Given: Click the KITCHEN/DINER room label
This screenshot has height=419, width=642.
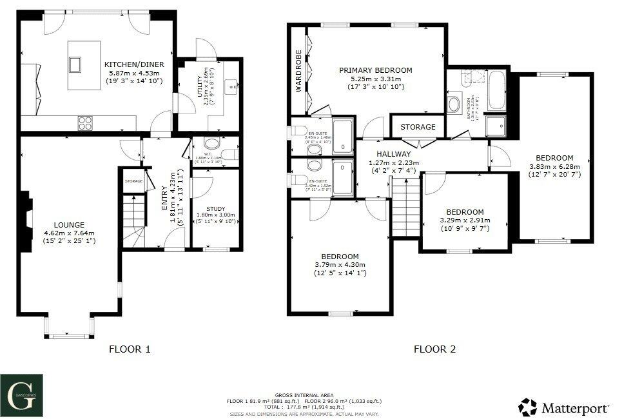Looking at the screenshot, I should pos(134,64).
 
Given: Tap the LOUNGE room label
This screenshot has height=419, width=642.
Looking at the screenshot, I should pos(69,225).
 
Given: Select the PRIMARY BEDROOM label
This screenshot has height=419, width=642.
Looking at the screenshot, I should pos(376,70).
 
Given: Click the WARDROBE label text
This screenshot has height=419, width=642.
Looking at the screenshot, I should pos(299,72).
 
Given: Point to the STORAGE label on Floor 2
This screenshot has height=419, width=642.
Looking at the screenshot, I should pos(418,127).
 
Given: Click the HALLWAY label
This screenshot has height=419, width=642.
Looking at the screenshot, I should pos(394,154).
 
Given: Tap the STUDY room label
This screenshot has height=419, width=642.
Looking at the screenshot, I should pos(216,208).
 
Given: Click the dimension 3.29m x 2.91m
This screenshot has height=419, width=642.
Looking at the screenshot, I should pos(465,220).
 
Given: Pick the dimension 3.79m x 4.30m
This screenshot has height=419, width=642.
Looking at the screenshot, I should pos(340,264).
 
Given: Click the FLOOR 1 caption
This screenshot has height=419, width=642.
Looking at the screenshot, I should pos(130,349).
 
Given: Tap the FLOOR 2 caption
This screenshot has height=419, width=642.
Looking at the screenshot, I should pos(434,349).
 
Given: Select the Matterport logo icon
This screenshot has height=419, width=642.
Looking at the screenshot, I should pos(528,407).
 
